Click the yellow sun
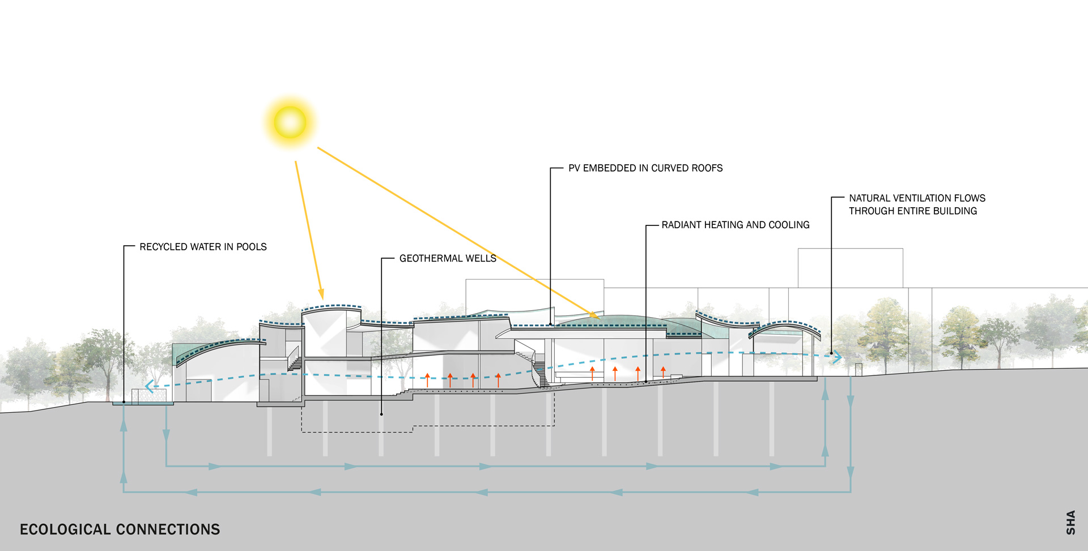[290, 122]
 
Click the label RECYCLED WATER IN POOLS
[203, 247]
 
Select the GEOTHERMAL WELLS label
[448, 258]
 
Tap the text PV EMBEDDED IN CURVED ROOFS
[645, 168]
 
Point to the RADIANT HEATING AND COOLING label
[736, 225]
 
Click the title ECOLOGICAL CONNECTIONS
[120, 529]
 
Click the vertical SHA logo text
[1070, 522]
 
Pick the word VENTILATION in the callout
[923, 198]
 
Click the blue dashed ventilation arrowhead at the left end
[149, 387]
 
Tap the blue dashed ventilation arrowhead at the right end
[837, 357]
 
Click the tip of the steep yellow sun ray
[322, 296]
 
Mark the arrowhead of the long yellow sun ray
[596, 316]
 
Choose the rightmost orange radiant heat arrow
[663, 372]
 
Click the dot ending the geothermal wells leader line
[381, 415]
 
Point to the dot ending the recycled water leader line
[124, 402]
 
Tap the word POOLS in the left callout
[252, 247]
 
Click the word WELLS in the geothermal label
[481, 258]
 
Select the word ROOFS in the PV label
[707, 168]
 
